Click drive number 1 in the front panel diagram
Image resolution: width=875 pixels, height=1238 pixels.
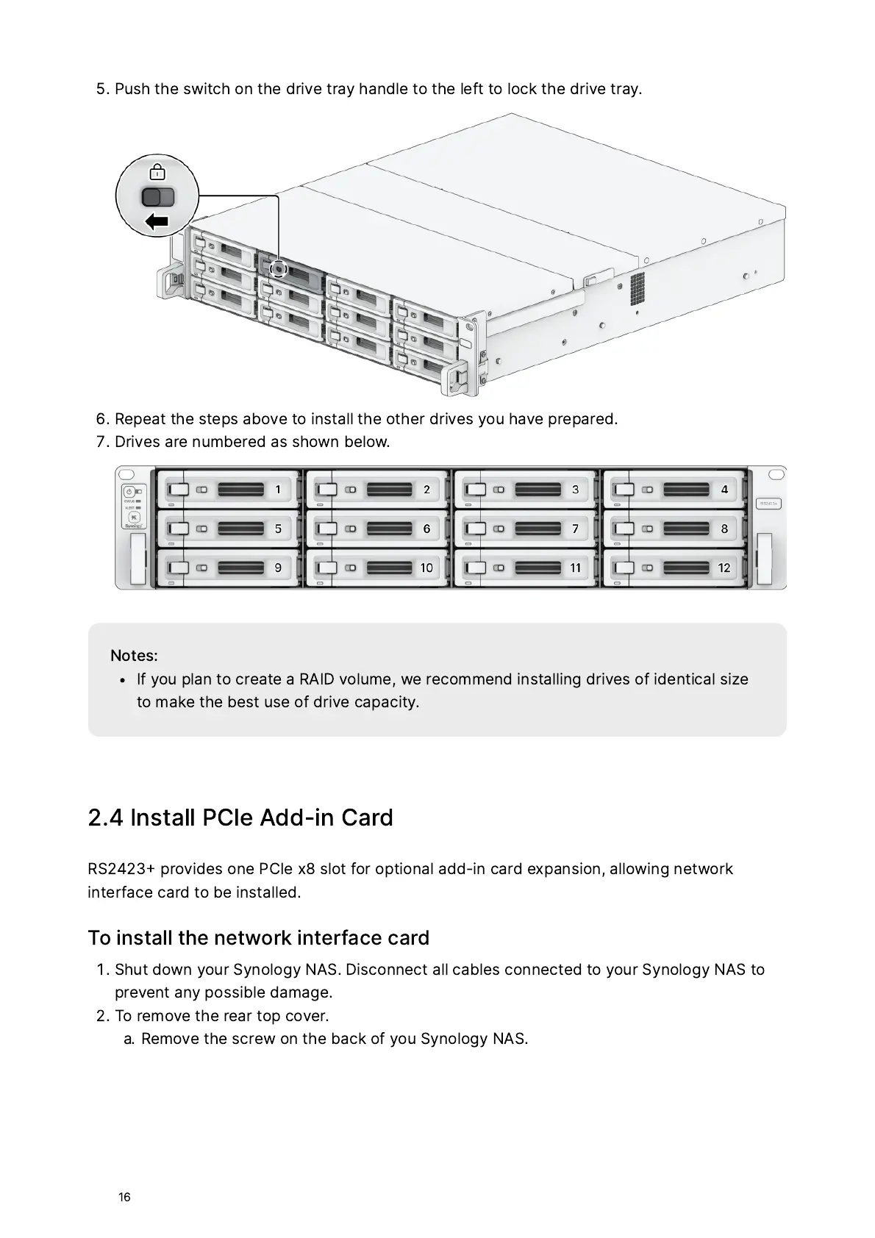point(277,490)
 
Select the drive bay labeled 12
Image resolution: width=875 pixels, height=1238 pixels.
point(724,568)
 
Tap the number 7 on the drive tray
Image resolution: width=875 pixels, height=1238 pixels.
point(575,529)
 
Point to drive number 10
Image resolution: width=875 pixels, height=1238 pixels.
point(426,568)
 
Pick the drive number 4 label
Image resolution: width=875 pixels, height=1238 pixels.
point(724,490)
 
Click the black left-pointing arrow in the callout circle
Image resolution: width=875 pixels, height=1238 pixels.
point(157,221)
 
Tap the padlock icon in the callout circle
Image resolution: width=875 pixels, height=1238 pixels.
point(157,172)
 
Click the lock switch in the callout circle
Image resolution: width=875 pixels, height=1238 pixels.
point(158,196)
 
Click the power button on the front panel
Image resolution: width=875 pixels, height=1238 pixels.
point(129,490)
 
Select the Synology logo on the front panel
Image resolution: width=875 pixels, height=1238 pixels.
point(134,526)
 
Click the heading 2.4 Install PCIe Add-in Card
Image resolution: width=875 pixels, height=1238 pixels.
point(240,817)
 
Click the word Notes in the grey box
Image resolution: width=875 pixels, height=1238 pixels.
point(133,655)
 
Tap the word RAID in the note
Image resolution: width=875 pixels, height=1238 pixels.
point(317,679)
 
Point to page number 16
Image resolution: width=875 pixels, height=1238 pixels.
point(124,1197)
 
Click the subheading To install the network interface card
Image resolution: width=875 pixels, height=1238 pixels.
point(258,937)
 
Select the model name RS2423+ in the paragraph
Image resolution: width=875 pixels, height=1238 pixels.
point(121,869)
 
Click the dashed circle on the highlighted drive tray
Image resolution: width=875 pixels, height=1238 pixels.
point(278,269)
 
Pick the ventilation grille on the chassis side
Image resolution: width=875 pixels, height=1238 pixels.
point(637,288)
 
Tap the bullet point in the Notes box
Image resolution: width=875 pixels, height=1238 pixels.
point(123,680)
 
